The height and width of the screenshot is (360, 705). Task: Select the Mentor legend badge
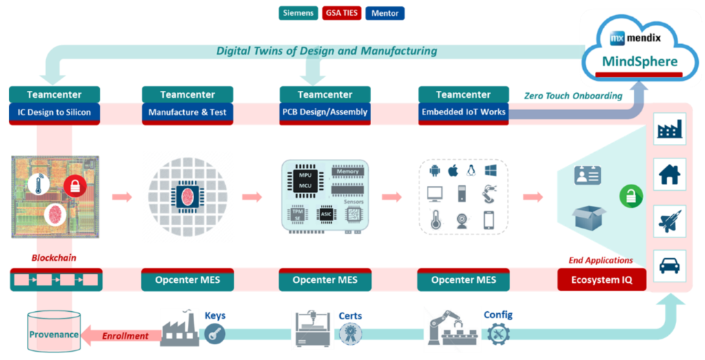pyautogui.click(x=385, y=12)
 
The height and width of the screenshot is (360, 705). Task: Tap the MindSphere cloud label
pyautogui.click(x=640, y=61)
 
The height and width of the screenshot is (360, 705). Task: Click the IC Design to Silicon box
pyautogui.click(x=54, y=113)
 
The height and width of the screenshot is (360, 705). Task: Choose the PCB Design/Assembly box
pyautogui.click(x=325, y=113)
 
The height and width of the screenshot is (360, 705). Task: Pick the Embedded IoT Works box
pyautogui.click(x=463, y=113)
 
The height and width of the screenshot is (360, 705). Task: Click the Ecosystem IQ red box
pyautogui.click(x=601, y=280)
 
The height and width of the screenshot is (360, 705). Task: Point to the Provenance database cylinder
pyautogui.click(x=53, y=333)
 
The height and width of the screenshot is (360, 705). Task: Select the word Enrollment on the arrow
pyautogui.click(x=126, y=336)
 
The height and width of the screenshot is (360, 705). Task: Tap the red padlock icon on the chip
pyautogui.click(x=74, y=185)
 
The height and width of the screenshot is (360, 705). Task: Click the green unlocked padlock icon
pyautogui.click(x=630, y=196)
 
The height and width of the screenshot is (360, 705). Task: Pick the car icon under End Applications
pyautogui.click(x=669, y=266)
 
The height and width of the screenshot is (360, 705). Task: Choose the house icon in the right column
pyautogui.click(x=669, y=175)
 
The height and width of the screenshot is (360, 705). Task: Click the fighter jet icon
pyautogui.click(x=669, y=220)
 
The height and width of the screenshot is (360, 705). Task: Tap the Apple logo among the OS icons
pyautogui.click(x=453, y=170)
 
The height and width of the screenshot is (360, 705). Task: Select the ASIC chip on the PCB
pyautogui.click(x=326, y=215)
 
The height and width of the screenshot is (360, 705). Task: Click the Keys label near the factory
pyautogui.click(x=215, y=316)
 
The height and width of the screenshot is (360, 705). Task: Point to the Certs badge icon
pyautogui.click(x=350, y=333)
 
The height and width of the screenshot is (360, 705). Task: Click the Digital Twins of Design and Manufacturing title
pyautogui.click(x=326, y=50)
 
